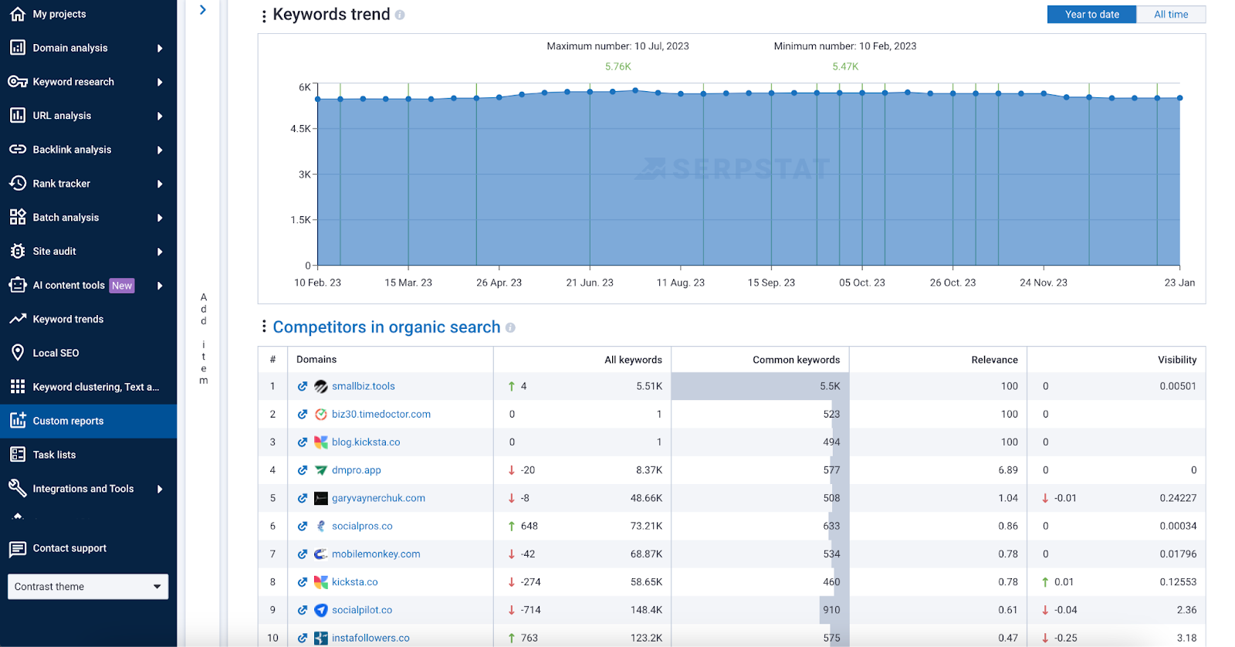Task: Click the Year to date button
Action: (x=1091, y=15)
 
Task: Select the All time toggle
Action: (x=1170, y=15)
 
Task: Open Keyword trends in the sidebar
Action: (x=68, y=319)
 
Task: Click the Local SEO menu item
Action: (x=56, y=353)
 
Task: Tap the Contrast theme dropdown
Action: (x=88, y=587)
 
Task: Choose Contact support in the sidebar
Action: (x=69, y=548)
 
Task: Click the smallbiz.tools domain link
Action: (x=363, y=386)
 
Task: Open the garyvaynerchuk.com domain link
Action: (x=378, y=498)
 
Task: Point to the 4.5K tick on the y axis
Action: (x=300, y=129)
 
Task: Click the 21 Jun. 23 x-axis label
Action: (x=590, y=283)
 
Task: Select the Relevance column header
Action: (x=994, y=360)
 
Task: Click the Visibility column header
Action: (x=1176, y=360)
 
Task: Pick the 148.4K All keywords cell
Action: (x=646, y=610)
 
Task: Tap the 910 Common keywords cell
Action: (x=831, y=610)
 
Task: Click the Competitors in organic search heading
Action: (x=386, y=327)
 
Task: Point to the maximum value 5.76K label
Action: (x=617, y=67)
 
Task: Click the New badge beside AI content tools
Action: (x=122, y=286)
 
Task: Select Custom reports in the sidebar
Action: (x=68, y=421)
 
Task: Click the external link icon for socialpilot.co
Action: (x=303, y=610)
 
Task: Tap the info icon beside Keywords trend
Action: (x=400, y=15)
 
